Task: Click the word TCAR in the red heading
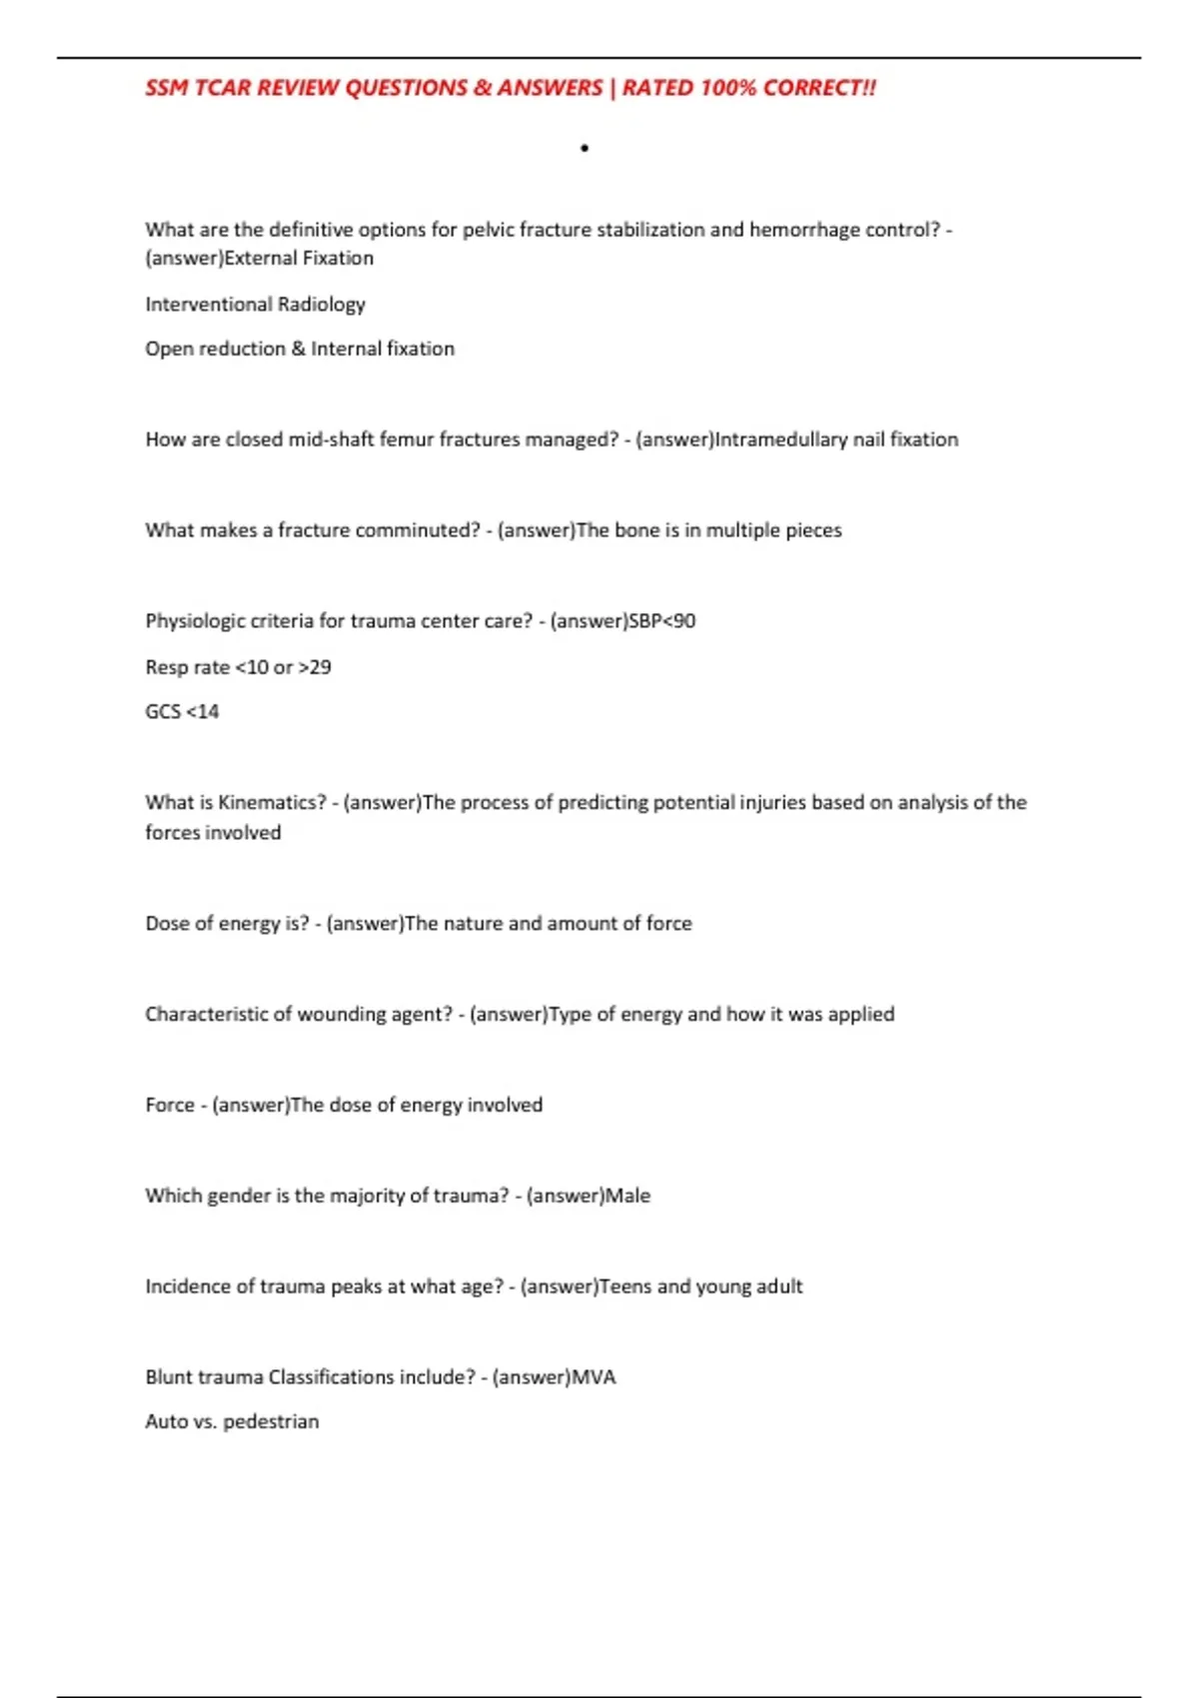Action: (x=222, y=88)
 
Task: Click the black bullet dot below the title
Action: (x=585, y=149)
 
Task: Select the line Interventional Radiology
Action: (x=255, y=304)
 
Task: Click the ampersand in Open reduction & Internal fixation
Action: (x=298, y=349)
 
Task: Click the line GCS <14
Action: (x=182, y=712)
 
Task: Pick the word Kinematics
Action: (x=272, y=803)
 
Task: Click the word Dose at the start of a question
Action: (x=167, y=924)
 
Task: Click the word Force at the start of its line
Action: (x=170, y=1106)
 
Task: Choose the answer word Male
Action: (x=628, y=1196)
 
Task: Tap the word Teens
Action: (x=624, y=1286)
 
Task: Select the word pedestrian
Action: (x=271, y=1422)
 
